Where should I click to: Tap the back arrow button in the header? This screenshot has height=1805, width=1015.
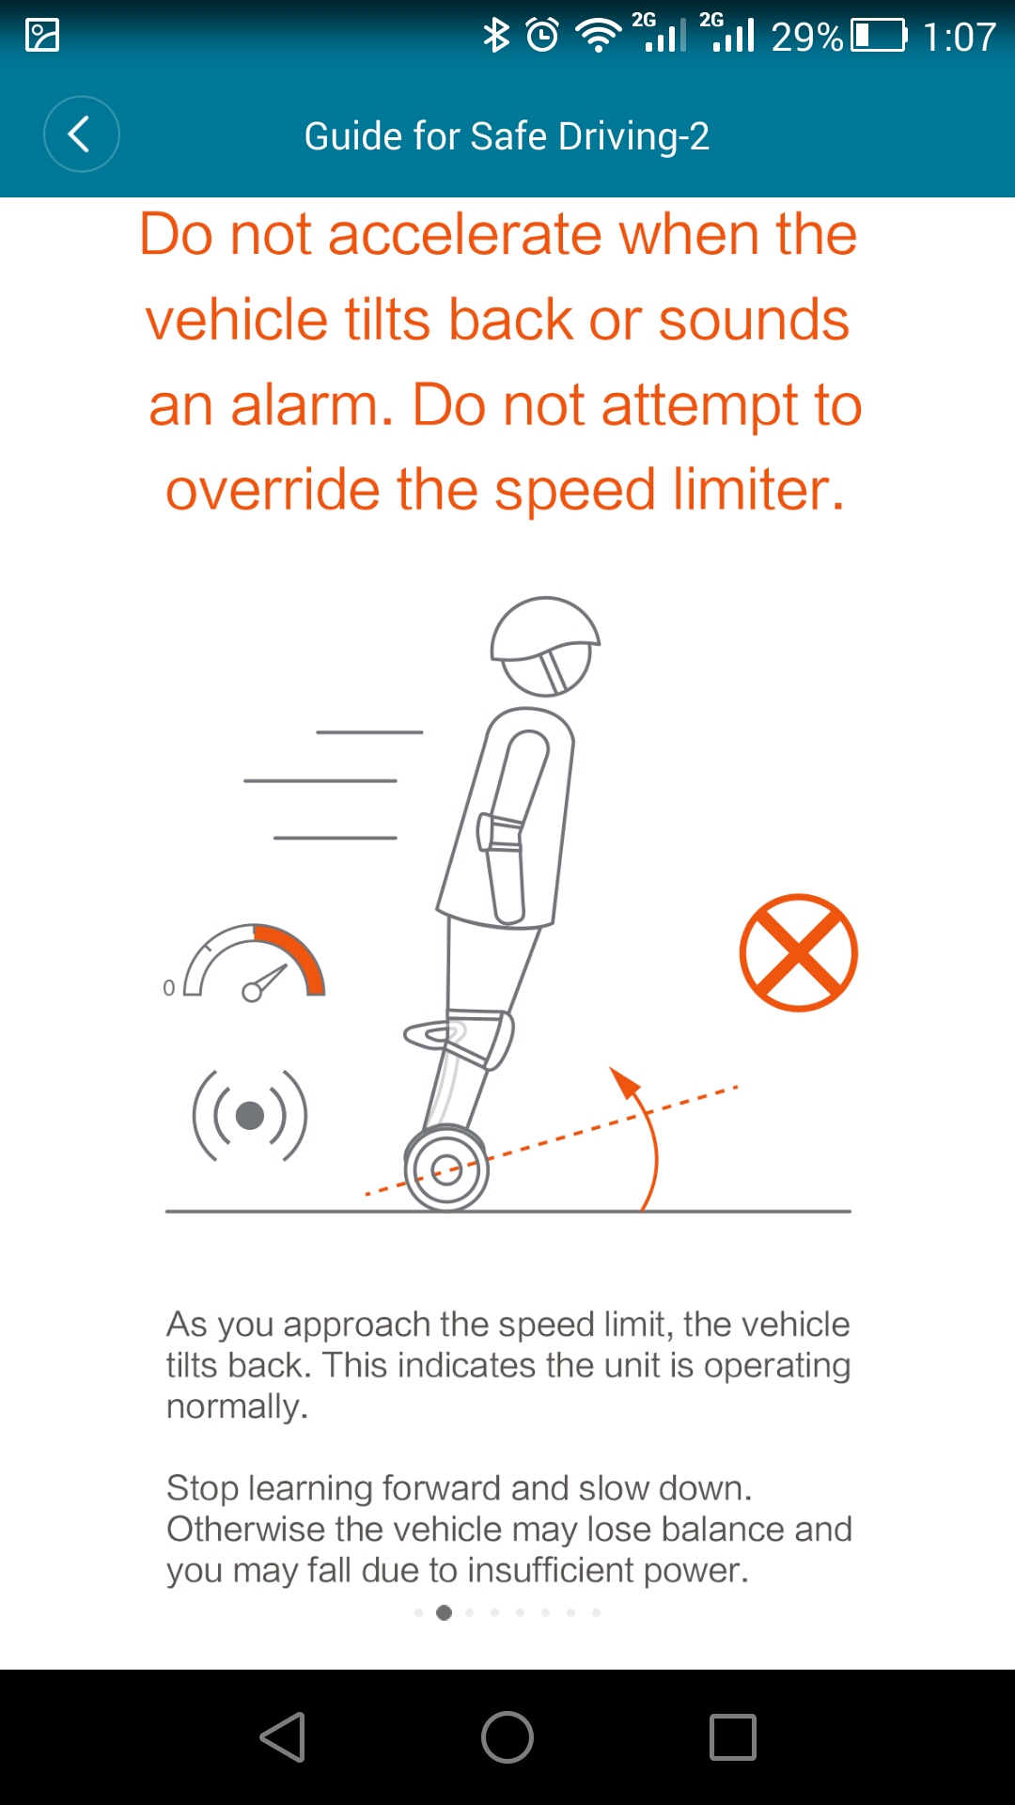point(82,134)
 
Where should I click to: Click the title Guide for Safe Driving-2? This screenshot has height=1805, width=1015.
point(507,136)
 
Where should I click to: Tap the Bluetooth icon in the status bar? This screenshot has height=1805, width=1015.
point(495,36)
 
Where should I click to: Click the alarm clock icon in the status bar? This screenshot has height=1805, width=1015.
point(542,36)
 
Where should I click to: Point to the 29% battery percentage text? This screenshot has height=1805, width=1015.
point(806,38)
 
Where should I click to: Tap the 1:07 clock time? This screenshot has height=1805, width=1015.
point(959,38)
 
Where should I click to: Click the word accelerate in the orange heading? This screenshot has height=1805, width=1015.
point(464,234)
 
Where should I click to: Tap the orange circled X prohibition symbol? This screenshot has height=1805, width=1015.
point(799,952)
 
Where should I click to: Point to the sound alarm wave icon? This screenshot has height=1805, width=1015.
point(250,1116)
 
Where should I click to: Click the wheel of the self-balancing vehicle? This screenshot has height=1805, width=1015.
point(446,1169)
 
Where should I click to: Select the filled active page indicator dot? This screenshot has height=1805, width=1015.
point(445,1612)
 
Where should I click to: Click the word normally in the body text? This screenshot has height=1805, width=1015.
point(237,1407)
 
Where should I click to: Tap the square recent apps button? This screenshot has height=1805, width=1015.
point(733,1736)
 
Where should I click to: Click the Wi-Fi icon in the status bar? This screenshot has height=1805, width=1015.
point(598,36)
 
